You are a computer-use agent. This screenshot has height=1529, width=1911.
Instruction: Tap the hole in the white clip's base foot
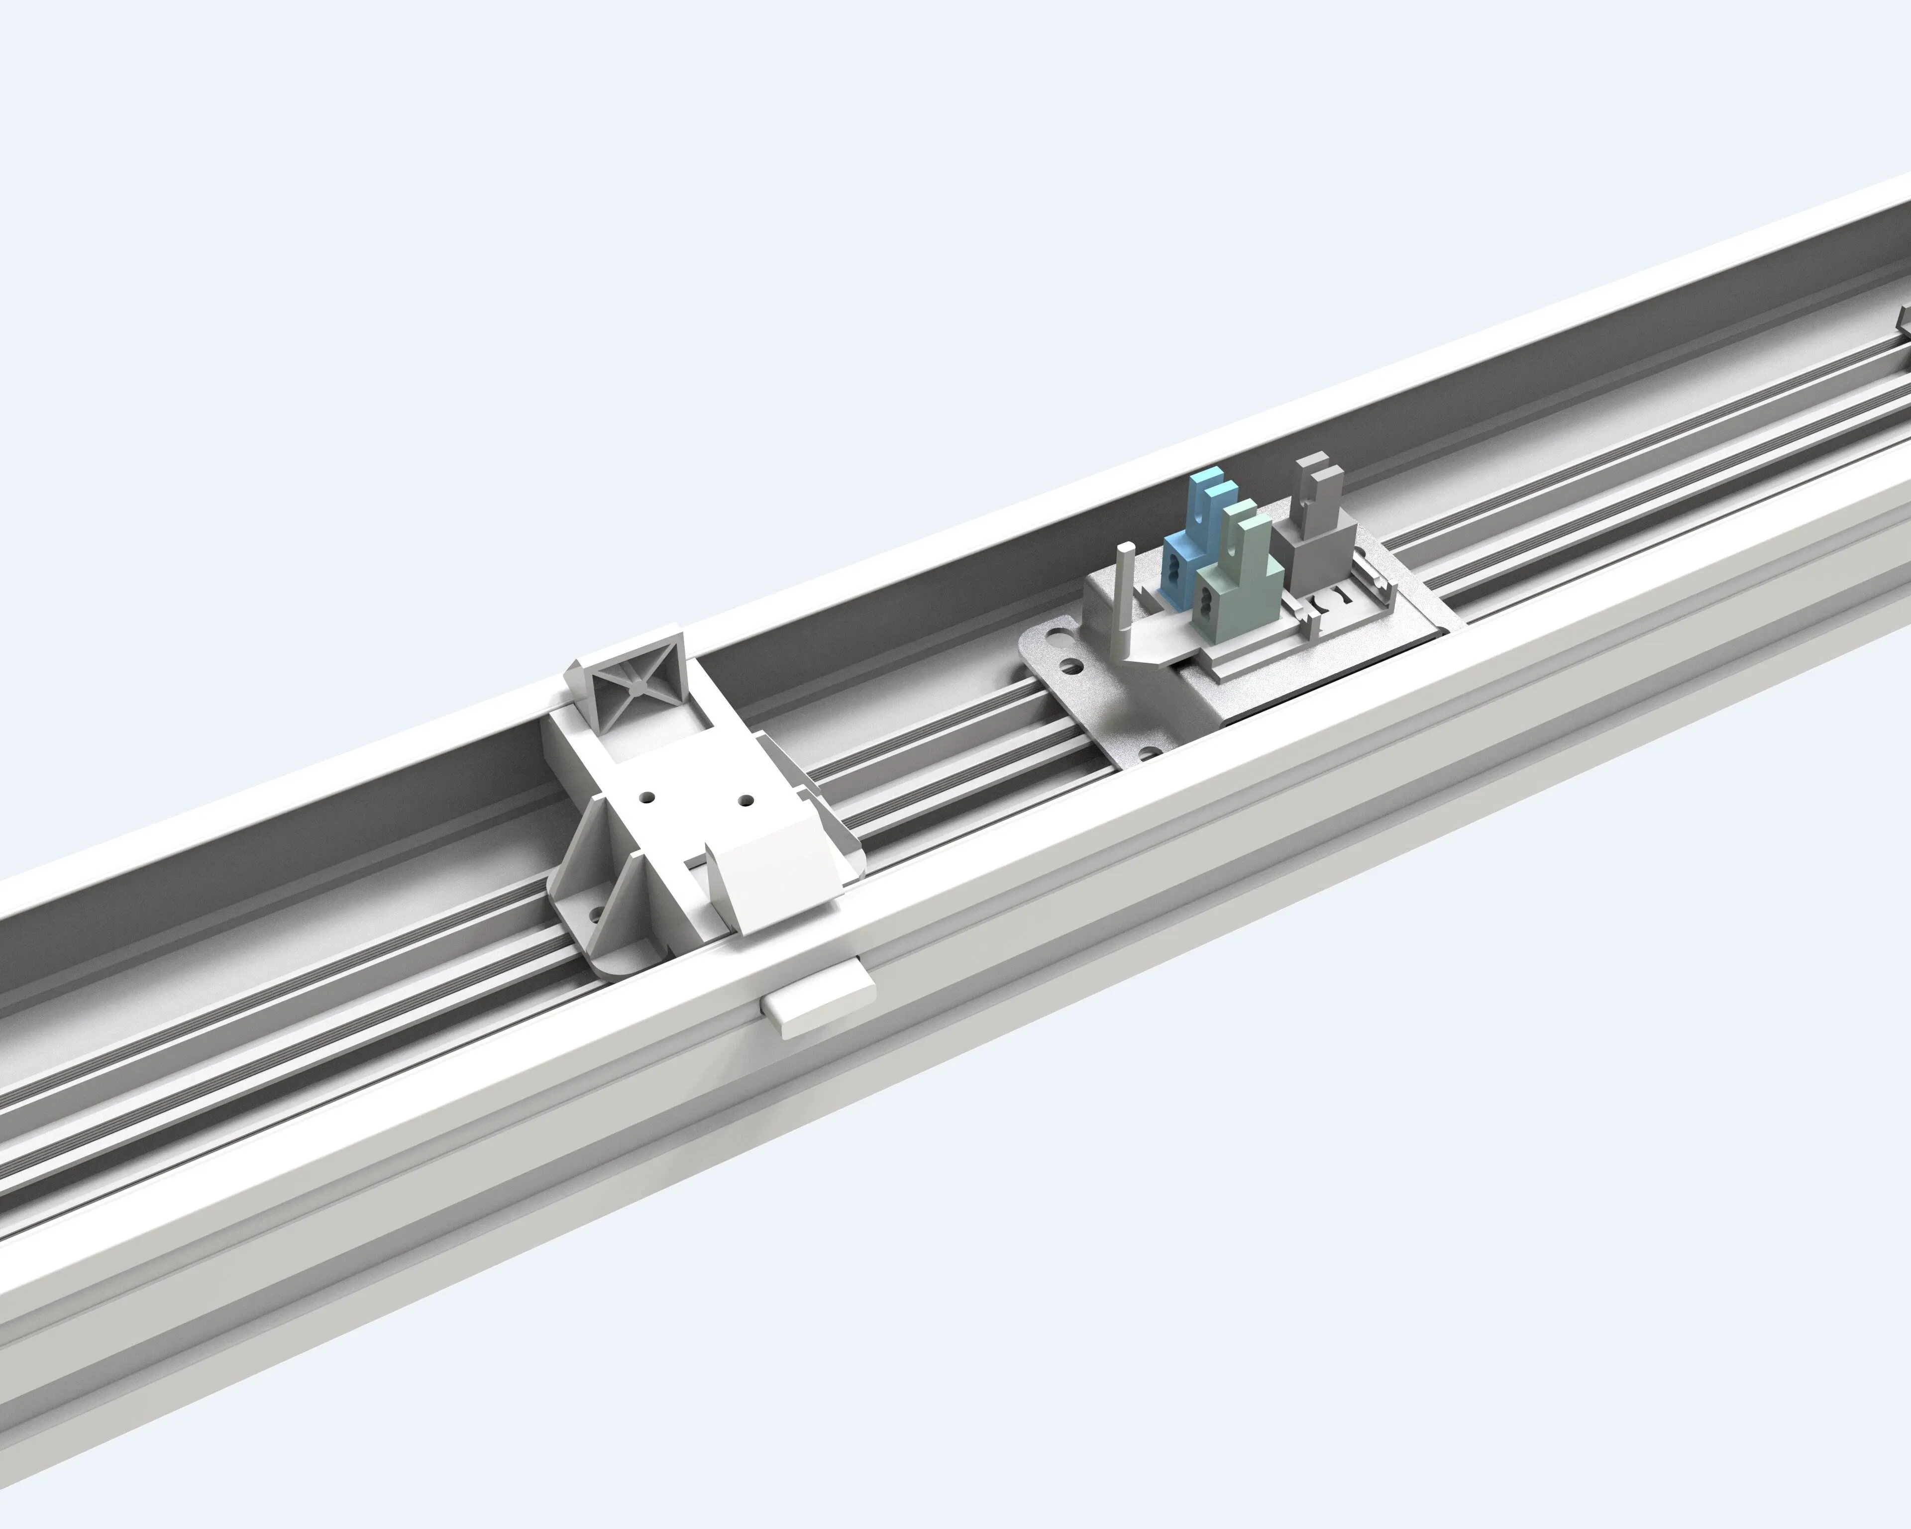597,913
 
